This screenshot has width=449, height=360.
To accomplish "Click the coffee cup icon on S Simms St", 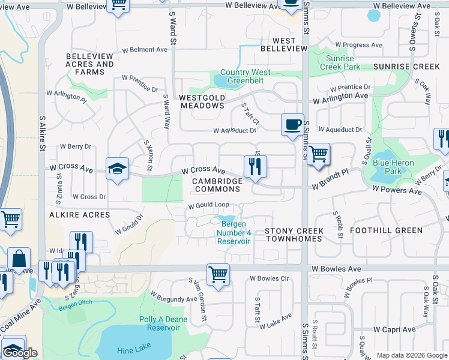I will pyautogui.click(x=292, y=125).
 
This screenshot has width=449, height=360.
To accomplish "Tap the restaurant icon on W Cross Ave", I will pyautogui.click(x=255, y=166).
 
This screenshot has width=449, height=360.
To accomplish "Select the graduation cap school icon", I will pyautogui.click(x=117, y=169).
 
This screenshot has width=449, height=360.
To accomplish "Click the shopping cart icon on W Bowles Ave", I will pyautogui.click(x=218, y=275).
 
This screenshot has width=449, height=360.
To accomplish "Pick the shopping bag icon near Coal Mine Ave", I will pyautogui.click(x=19, y=259).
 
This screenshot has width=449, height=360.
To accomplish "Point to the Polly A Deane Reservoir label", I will pyautogui.click(x=160, y=323).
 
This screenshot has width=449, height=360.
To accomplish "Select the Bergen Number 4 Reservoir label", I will pyautogui.click(x=233, y=233).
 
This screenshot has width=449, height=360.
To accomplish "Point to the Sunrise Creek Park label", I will pyautogui.click(x=340, y=62).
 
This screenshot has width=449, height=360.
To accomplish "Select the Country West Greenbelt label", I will pyautogui.click(x=245, y=77).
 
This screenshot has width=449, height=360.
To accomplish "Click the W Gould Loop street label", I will pyautogui.click(x=209, y=205).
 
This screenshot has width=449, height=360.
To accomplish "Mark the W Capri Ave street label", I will pyautogui.click(x=394, y=329).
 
